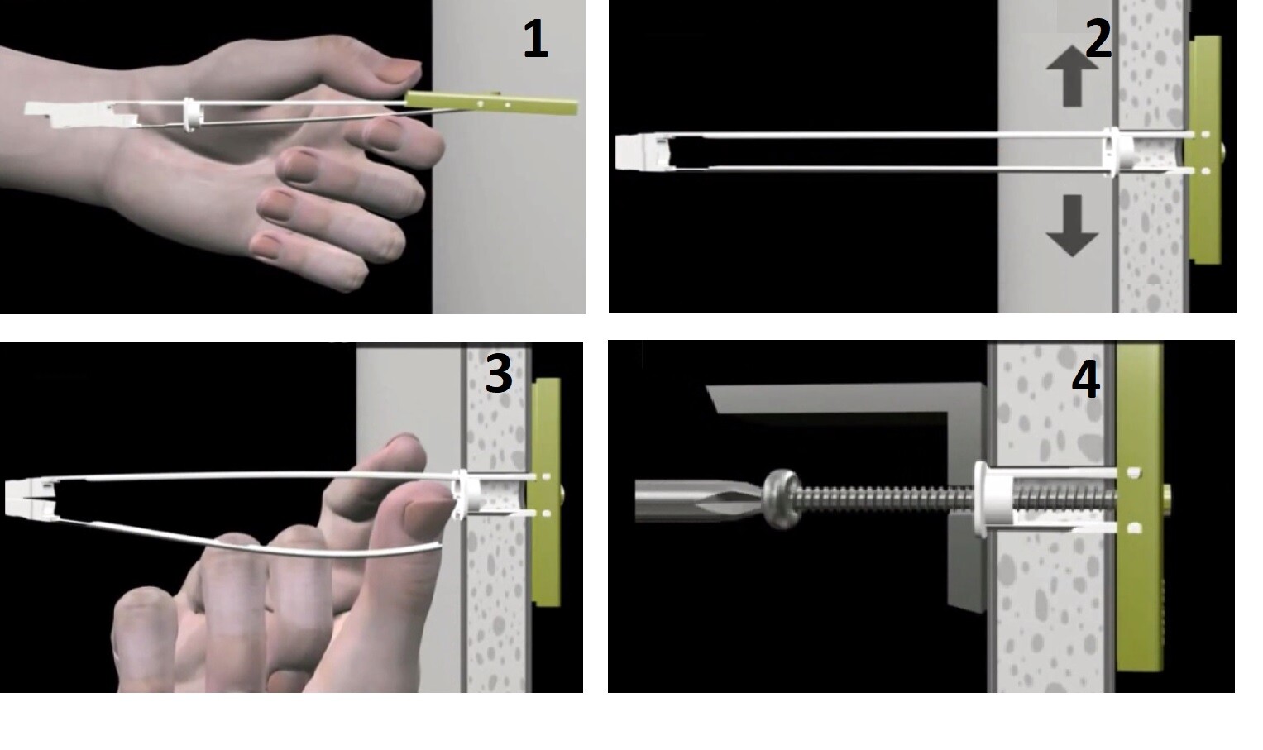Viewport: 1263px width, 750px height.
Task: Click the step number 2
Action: coord(1098,38)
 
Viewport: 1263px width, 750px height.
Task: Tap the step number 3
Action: coord(499,373)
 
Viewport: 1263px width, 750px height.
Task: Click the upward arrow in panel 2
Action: coord(1072,77)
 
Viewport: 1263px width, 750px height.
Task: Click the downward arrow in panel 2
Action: coord(1072,226)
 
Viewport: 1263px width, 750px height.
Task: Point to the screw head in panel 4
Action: coord(782,499)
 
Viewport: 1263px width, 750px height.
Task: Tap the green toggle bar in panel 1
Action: coord(491,103)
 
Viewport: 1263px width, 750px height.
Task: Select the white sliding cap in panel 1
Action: coord(190,115)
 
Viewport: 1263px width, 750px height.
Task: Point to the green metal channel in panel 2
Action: coord(1204,150)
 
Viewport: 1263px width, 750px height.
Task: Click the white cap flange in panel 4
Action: coord(980,499)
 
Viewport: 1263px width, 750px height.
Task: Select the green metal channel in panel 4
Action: coord(1140,507)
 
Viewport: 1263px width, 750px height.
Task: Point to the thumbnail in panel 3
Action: coord(428,510)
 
